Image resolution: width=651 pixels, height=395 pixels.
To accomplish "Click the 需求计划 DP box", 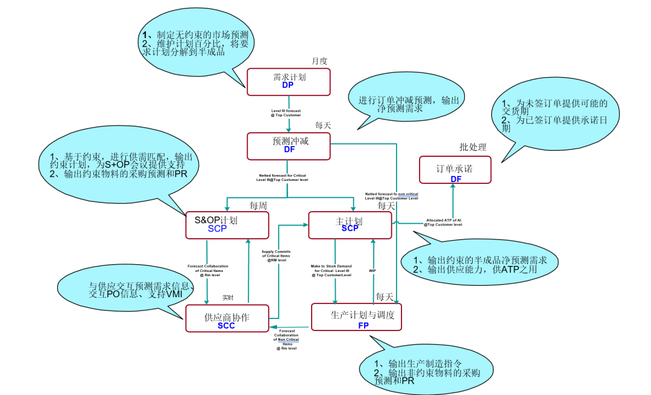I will (x=289, y=81).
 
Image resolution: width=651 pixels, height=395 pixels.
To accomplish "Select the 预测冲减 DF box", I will (x=289, y=146).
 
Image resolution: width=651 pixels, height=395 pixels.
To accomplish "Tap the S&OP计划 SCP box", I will (x=227, y=224).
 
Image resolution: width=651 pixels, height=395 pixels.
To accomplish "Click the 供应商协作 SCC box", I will (x=227, y=318).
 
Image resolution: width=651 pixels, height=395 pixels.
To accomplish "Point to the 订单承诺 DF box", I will (x=455, y=170).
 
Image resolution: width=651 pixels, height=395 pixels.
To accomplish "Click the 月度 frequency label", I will (x=319, y=61).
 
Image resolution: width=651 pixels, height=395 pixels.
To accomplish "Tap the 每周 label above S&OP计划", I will (x=258, y=206).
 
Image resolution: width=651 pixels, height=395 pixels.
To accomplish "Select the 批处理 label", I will (x=473, y=147).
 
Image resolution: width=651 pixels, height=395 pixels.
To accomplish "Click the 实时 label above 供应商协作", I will (x=227, y=297).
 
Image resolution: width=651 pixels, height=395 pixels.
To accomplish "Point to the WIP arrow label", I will (x=373, y=271).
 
